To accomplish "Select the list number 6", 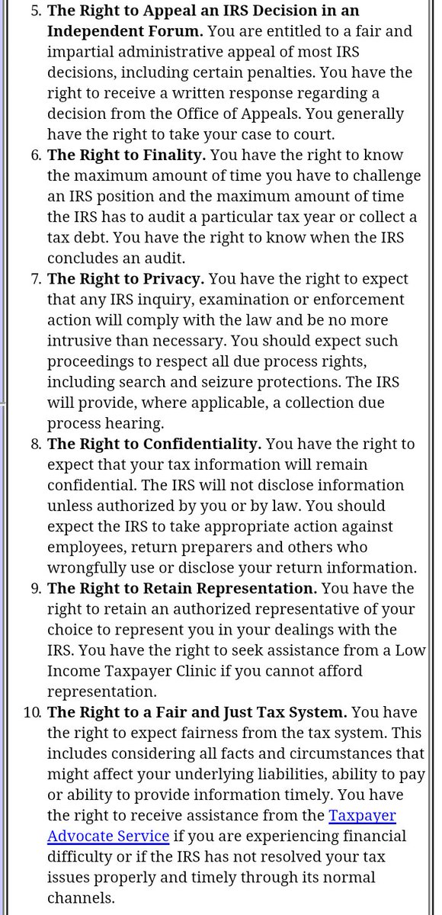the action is coord(34,155).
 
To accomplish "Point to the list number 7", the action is coord(34,279).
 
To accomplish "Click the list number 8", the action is coord(34,444).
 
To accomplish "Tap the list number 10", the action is coord(31,712).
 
